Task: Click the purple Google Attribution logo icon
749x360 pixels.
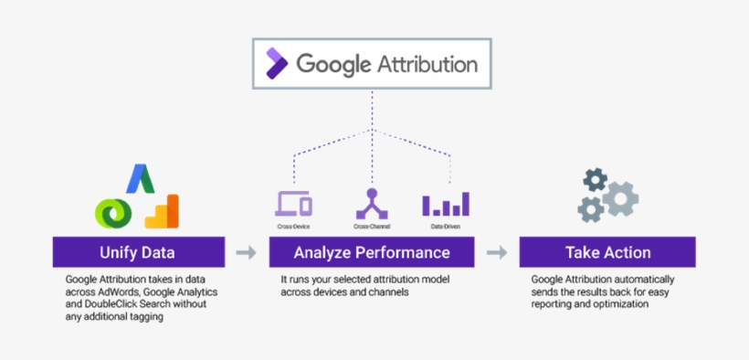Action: tap(275, 63)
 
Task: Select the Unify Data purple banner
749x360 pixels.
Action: tap(138, 252)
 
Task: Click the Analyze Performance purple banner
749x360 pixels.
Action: tap(372, 252)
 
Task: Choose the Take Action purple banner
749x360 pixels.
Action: tap(607, 252)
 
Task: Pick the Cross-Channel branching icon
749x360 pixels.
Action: tap(371, 202)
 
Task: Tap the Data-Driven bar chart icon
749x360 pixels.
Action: tap(446, 204)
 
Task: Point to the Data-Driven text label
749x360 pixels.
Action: tap(446, 225)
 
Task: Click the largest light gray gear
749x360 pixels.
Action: tap(618, 198)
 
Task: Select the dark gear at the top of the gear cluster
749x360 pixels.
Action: tap(596, 178)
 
